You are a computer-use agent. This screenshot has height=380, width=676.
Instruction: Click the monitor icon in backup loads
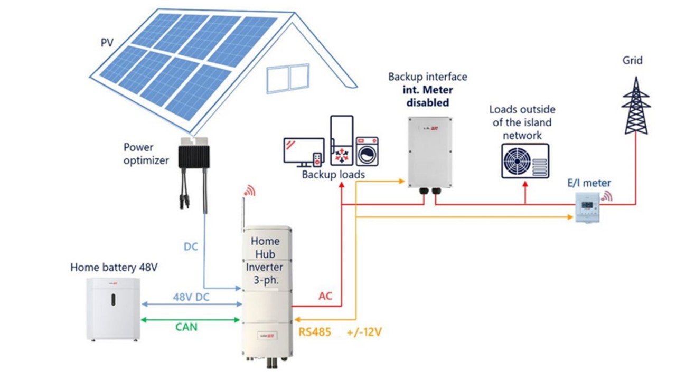pyautogui.click(x=303, y=150)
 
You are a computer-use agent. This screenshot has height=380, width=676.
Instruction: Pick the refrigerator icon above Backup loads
pyautogui.click(x=341, y=140)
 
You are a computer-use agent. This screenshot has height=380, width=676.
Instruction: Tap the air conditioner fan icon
pyautogui.click(x=524, y=160)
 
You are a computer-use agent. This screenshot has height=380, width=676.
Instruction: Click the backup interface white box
pyautogui.click(x=430, y=152)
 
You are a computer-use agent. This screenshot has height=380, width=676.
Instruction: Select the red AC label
pyautogui.click(x=325, y=296)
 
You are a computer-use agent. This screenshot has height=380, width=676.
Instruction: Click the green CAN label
pyautogui.click(x=186, y=327)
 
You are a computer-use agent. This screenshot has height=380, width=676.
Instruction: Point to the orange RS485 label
pyautogui.click(x=315, y=332)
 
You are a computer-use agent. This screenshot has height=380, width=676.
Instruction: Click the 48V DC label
pyautogui.click(x=191, y=297)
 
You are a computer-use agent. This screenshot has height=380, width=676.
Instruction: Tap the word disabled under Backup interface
pyautogui.click(x=428, y=102)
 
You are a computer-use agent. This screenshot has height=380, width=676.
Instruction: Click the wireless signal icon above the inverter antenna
pyautogui.click(x=249, y=191)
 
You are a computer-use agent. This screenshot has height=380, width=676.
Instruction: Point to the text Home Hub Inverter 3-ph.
pyautogui.click(x=266, y=260)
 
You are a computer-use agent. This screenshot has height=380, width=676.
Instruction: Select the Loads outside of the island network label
pyautogui.click(x=522, y=122)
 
